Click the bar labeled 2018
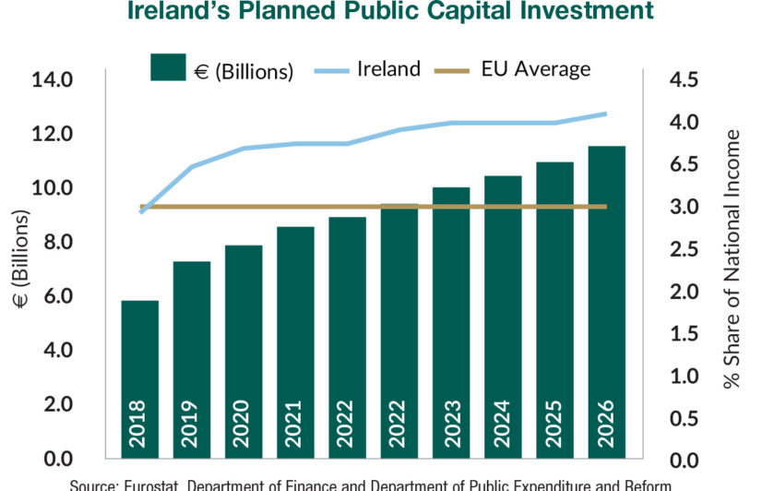[x=140, y=379]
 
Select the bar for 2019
[x=192, y=360]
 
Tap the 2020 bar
[x=244, y=352]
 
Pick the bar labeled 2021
[x=295, y=342]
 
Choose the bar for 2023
[x=451, y=323]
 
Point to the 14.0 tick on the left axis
[x=53, y=80]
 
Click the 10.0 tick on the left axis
[x=53, y=188]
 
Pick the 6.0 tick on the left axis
[x=53, y=296]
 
